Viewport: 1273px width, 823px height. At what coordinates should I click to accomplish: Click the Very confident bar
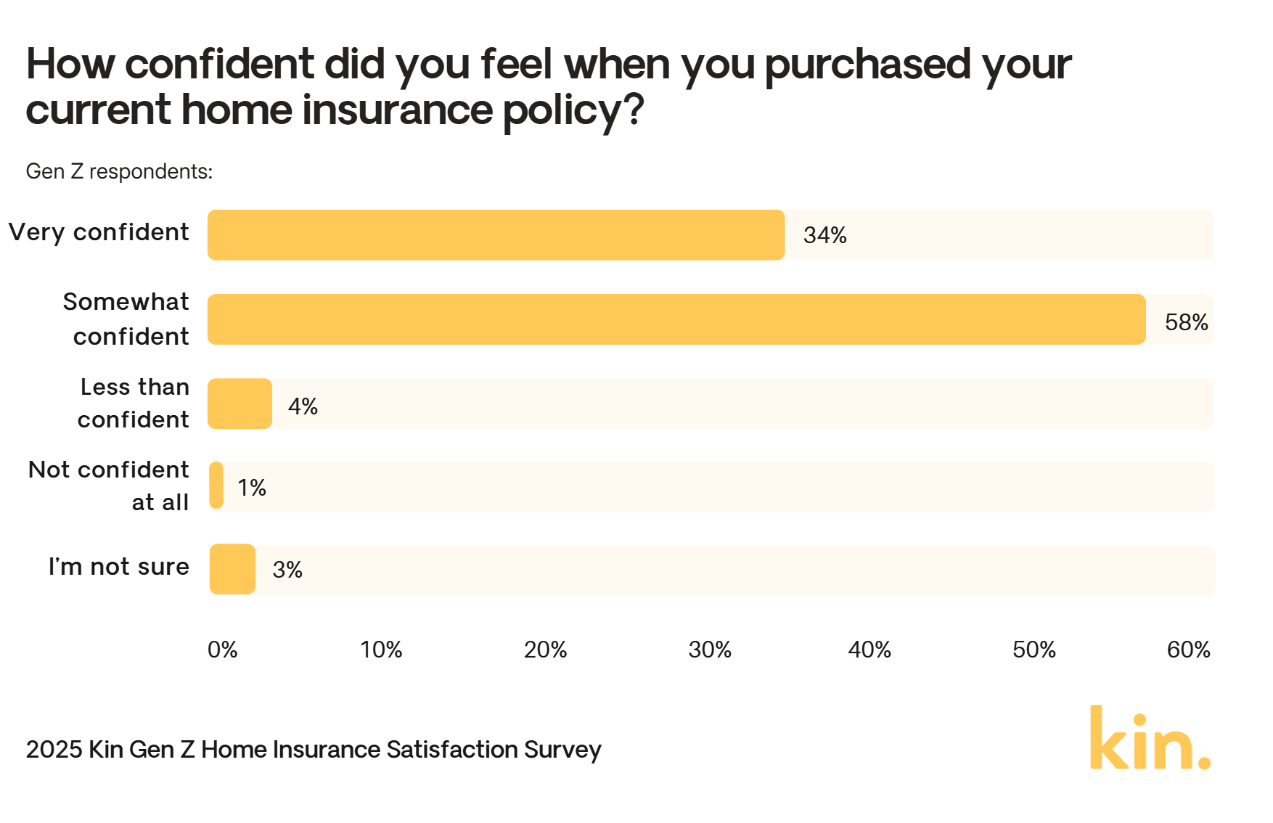point(496,235)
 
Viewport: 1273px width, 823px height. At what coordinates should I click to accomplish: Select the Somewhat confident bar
point(676,319)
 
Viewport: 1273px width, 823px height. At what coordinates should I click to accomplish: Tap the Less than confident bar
point(240,404)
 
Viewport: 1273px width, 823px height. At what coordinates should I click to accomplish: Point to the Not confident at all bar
point(216,486)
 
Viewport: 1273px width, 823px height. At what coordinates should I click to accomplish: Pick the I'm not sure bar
point(232,570)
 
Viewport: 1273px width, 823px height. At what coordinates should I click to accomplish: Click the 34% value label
point(824,235)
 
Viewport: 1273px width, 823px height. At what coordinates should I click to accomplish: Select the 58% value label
point(1186,322)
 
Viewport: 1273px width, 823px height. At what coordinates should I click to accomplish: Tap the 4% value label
point(303,406)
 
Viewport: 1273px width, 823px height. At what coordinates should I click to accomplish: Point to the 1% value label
point(252,488)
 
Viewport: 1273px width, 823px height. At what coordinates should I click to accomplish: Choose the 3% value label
point(287,570)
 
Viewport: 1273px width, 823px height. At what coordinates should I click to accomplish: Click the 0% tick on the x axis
point(222,650)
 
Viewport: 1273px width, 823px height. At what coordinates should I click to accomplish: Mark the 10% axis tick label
point(381,650)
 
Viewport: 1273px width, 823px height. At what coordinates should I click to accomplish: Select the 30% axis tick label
point(709,650)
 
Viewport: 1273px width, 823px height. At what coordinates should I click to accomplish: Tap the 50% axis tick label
point(1033,650)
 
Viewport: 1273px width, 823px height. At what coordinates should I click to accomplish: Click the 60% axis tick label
point(1188,650)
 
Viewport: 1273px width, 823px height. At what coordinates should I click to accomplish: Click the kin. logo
point(1150,738)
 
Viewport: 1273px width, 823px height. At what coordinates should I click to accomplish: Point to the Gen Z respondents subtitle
point(119,171)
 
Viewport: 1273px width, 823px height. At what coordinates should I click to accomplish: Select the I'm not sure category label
point(118,566)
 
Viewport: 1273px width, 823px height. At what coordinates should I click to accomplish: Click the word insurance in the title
point(397,110)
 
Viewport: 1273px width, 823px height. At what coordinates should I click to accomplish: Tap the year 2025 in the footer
point(54,749)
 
